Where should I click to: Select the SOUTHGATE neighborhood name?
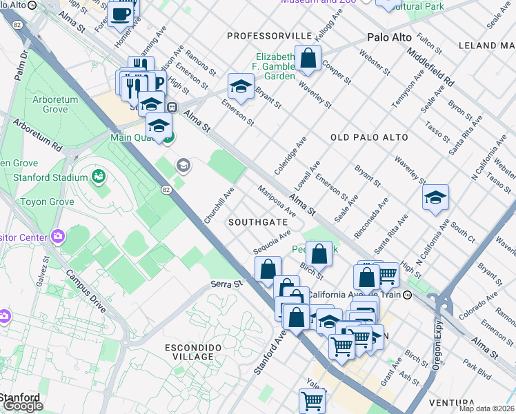[x=257, y=222]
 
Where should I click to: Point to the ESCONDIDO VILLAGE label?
[x=190, y=351]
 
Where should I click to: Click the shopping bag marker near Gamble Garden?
[x=308, y=58]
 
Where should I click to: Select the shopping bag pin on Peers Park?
[x=319, y=253]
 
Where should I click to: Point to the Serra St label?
[x=228, y=284]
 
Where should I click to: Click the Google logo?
[x=22, y=406]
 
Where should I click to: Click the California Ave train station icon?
[x=408, y=295]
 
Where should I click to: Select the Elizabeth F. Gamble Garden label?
[x=275, y=66]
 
